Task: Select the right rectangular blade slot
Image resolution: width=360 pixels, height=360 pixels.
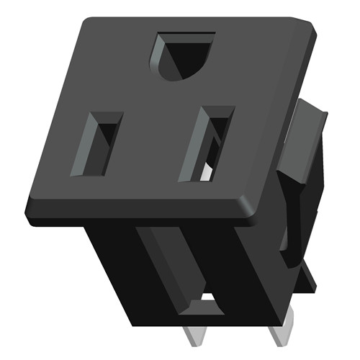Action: [208, 143]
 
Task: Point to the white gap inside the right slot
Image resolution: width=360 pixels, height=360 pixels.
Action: [207, 171]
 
